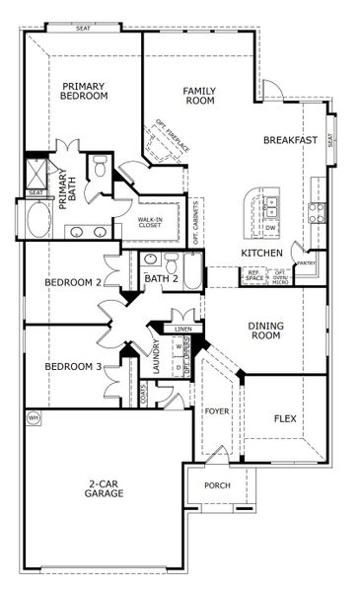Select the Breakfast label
(290, 140)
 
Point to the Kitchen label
(262, 254)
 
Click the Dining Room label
(264, 330)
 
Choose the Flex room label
(284, 417)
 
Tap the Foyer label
(217, 408)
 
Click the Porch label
(217, 485)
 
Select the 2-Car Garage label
(104, 487)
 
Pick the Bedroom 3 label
(73, 367)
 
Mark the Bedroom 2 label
(73, 283)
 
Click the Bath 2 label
(162, 279)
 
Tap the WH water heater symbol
(33, 418)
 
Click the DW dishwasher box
(271, 228)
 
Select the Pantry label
(306, 263)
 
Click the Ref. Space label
(254, 276)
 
